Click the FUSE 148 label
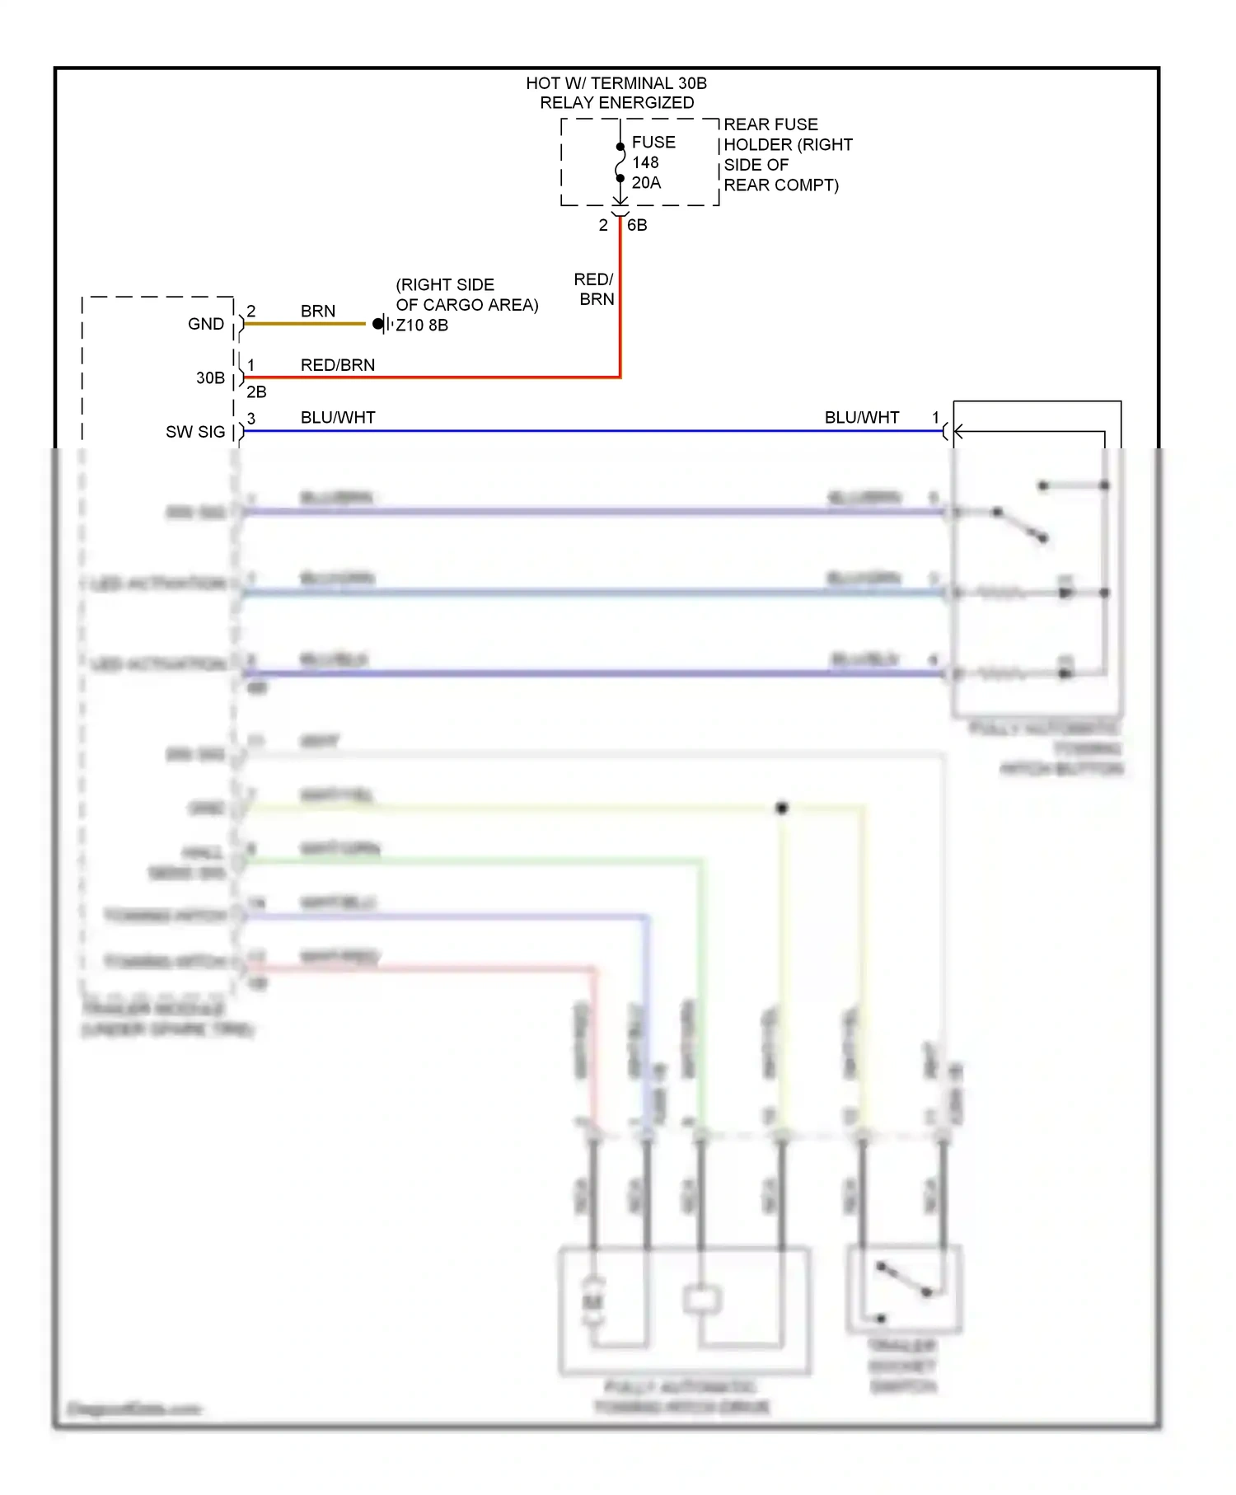(x=653, y=152)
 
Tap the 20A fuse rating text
(x=646, y=183)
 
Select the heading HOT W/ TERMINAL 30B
(x=616, y=83)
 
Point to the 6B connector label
(x=637, y=225)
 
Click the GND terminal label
(x=205, y=324)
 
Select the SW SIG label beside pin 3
(x=195, y=432)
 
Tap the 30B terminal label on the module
(x=210, y=378)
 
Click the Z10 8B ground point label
(x=422, y=326)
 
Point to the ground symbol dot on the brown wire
(x=377, y=324)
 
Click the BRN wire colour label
(x=317, y=311)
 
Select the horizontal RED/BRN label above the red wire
(x=337, y=365)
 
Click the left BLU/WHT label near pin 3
(x=337, y=418)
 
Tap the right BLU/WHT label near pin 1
(x=861, y=418)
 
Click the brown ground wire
(x=305, y=324)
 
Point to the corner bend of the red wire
(x=620, y=377)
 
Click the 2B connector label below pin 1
(x=256, y=392)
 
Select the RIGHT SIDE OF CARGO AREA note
(x=466, y=295)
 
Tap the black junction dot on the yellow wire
(x=782, y=808)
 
